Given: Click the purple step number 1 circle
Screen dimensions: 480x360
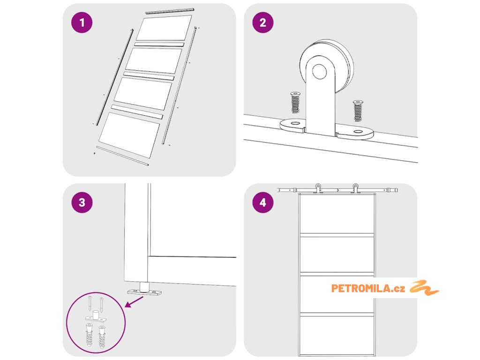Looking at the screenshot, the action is tap(82, 22).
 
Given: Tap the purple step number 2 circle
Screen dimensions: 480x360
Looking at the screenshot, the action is tap(263, 22).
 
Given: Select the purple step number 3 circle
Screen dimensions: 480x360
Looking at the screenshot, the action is tap(82, 202).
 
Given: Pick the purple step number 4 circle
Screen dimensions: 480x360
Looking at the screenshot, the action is tap(263, 202).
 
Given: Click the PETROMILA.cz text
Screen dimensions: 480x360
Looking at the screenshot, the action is tap(368, 288).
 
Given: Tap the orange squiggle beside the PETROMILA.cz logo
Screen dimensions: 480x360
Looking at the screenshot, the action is tap(424, 288).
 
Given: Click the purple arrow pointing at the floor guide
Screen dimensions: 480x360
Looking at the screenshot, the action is tap(134, 301).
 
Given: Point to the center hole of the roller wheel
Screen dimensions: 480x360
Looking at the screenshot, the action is tap(319, 71).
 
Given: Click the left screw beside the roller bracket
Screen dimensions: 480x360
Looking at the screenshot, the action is tap(295, 102).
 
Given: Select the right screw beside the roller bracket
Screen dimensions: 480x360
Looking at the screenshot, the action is tap(358, 111).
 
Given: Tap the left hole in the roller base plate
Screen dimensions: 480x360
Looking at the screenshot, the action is tap(295, 123).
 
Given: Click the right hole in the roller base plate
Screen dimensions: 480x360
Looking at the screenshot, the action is tap(358, 132).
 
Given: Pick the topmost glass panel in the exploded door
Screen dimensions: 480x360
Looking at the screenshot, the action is tap(164, 28).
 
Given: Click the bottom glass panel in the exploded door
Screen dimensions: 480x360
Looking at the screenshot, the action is tap(129, 135).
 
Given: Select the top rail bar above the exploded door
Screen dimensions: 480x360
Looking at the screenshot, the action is tap(170, 11).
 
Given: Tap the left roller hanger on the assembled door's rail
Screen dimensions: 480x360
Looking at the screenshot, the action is tap(318, 188).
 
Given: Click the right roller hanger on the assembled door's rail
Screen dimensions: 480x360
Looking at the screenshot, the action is tap(355, 188).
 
